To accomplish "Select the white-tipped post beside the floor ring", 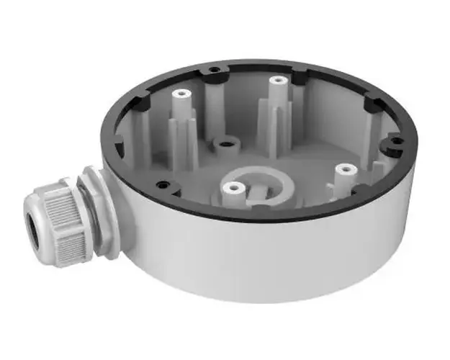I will [x=232, y=189].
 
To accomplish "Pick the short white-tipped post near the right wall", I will [x=346, y=170].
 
